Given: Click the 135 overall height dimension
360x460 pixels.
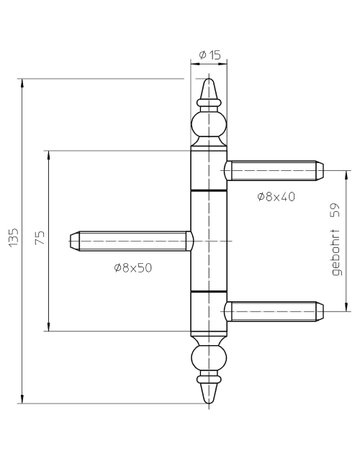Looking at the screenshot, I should point(12,240).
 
